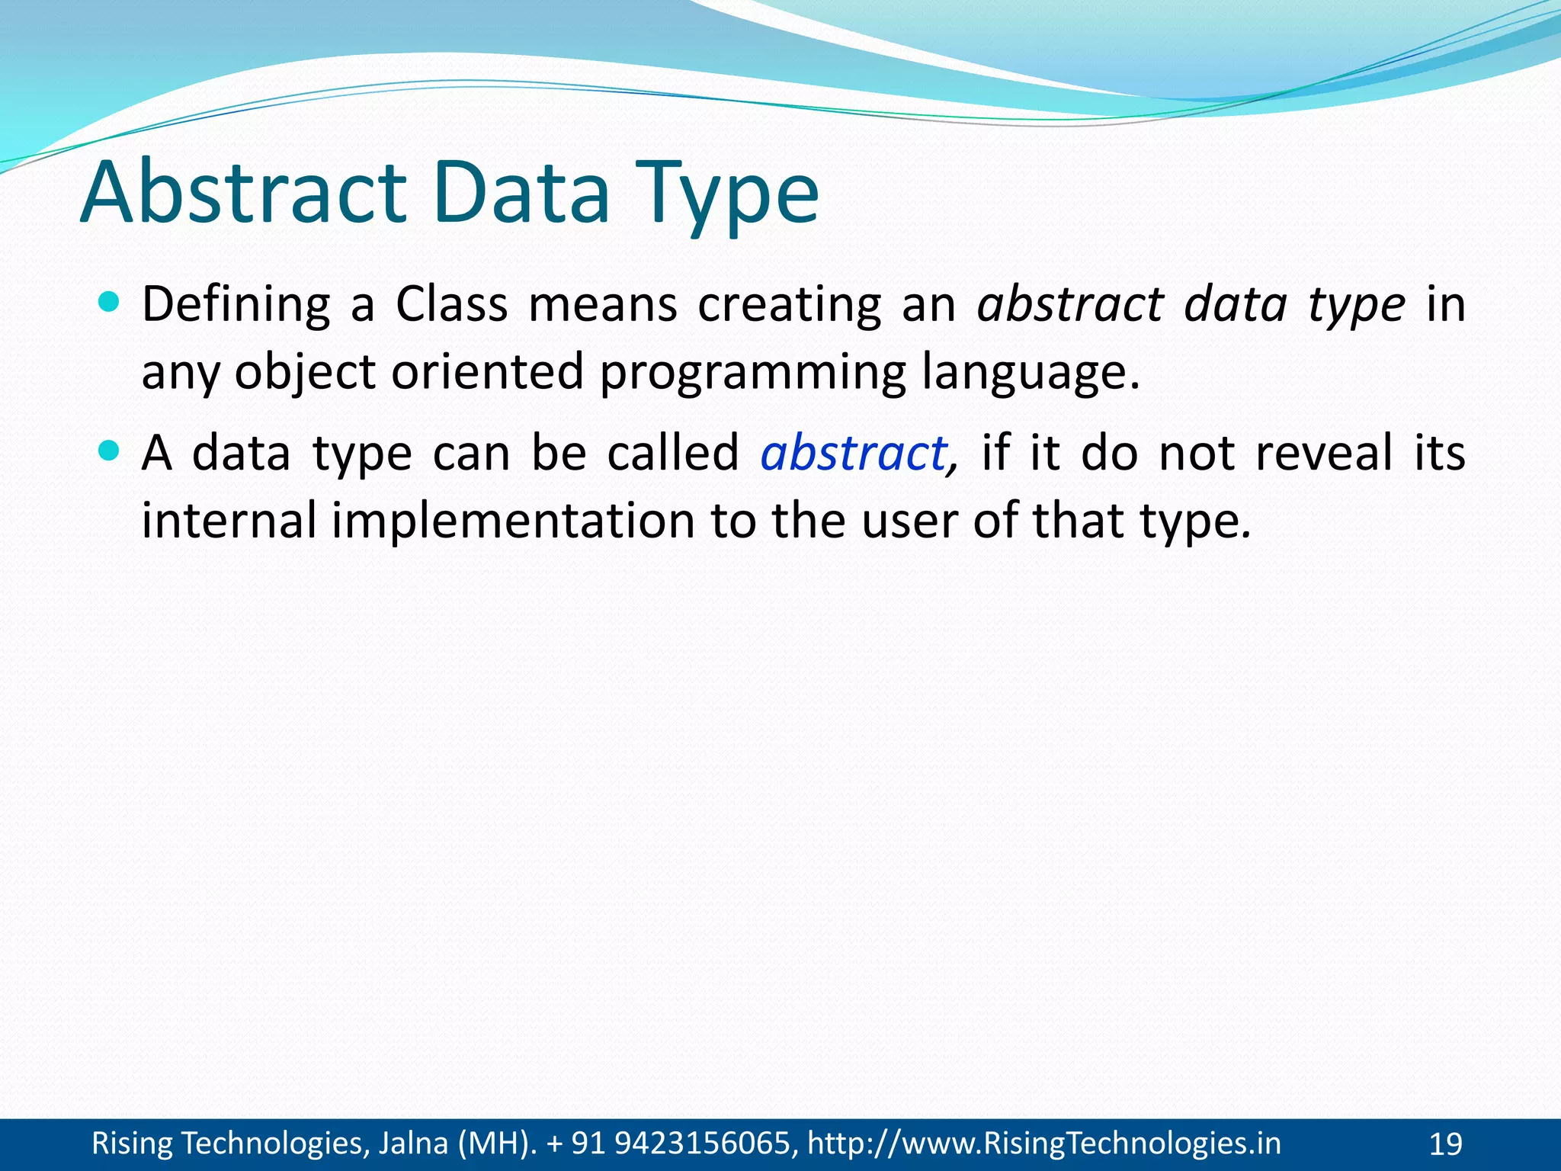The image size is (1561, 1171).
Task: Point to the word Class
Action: click(x=451, y=305)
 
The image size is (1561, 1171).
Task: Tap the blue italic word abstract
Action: click(x=854, y=454)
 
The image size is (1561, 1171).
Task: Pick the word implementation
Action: click(x=512, y=521)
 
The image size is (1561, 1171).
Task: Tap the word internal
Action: click(x=229, y=521)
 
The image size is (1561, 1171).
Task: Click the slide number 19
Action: click(x=1445, y=1144)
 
